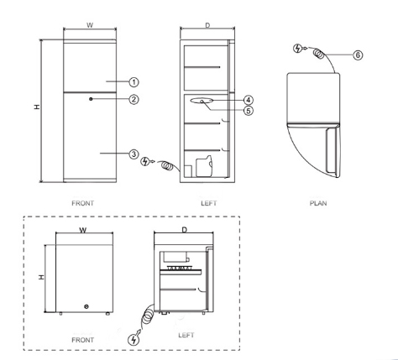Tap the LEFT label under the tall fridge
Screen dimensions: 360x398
tap(207, 202)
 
